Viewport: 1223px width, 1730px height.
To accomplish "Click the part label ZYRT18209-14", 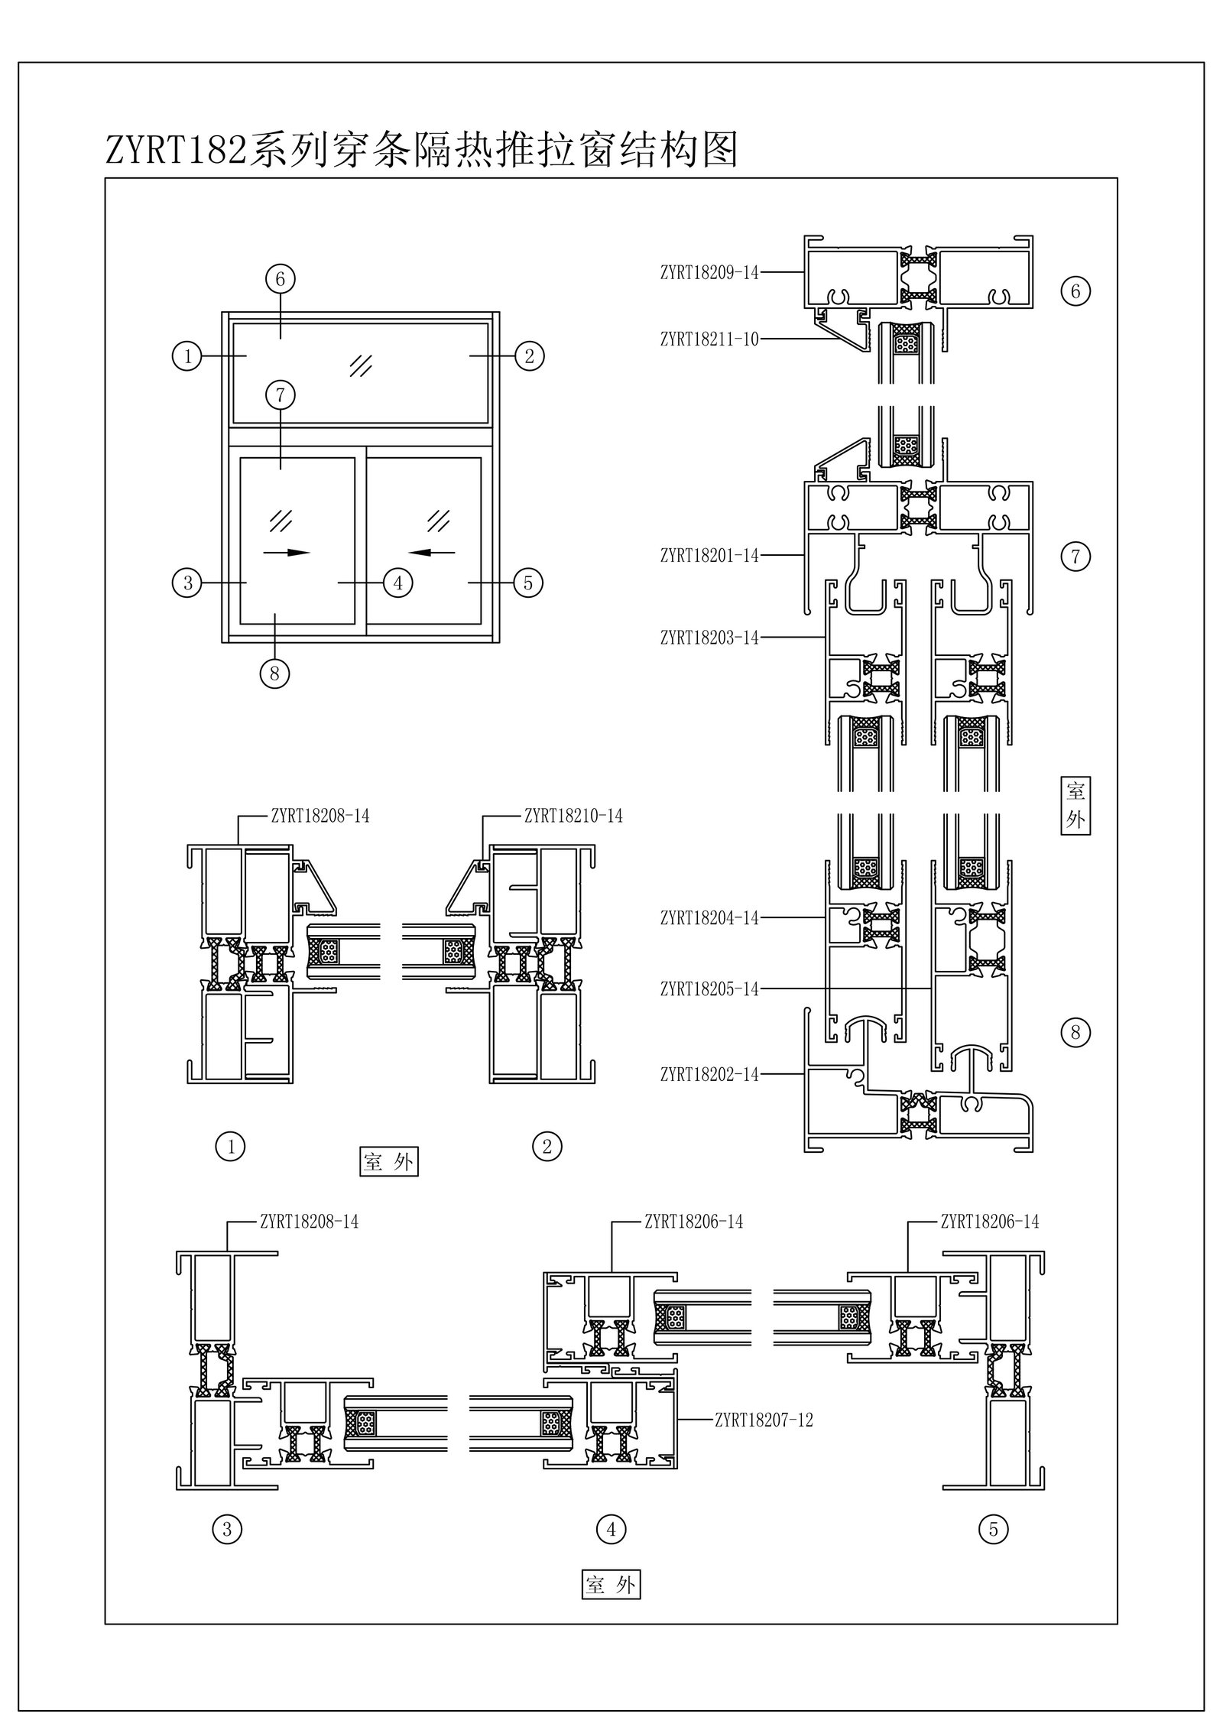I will point(709,272).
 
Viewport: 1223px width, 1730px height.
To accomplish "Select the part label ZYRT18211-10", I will point(709,339).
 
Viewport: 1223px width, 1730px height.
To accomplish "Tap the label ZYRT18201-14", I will point(709,556).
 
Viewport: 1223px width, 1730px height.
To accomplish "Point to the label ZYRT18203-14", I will point(709,637).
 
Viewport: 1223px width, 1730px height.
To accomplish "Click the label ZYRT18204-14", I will point(709,918).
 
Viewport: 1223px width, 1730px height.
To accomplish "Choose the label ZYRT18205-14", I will point(709,989).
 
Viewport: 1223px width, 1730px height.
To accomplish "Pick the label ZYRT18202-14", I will point(709,1075).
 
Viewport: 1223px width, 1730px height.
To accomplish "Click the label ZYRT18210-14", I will point(573,816).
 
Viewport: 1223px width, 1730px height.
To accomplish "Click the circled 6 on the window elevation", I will point(280,279).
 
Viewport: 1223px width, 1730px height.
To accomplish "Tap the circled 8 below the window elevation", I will point(274,673).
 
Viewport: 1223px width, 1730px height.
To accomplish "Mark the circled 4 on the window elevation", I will point(397,583).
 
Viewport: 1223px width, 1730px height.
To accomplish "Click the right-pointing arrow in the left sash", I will point(287,552).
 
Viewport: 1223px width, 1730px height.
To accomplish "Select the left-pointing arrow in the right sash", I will point(432,551).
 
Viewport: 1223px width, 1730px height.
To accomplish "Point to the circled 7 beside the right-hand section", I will point(1075,557).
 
